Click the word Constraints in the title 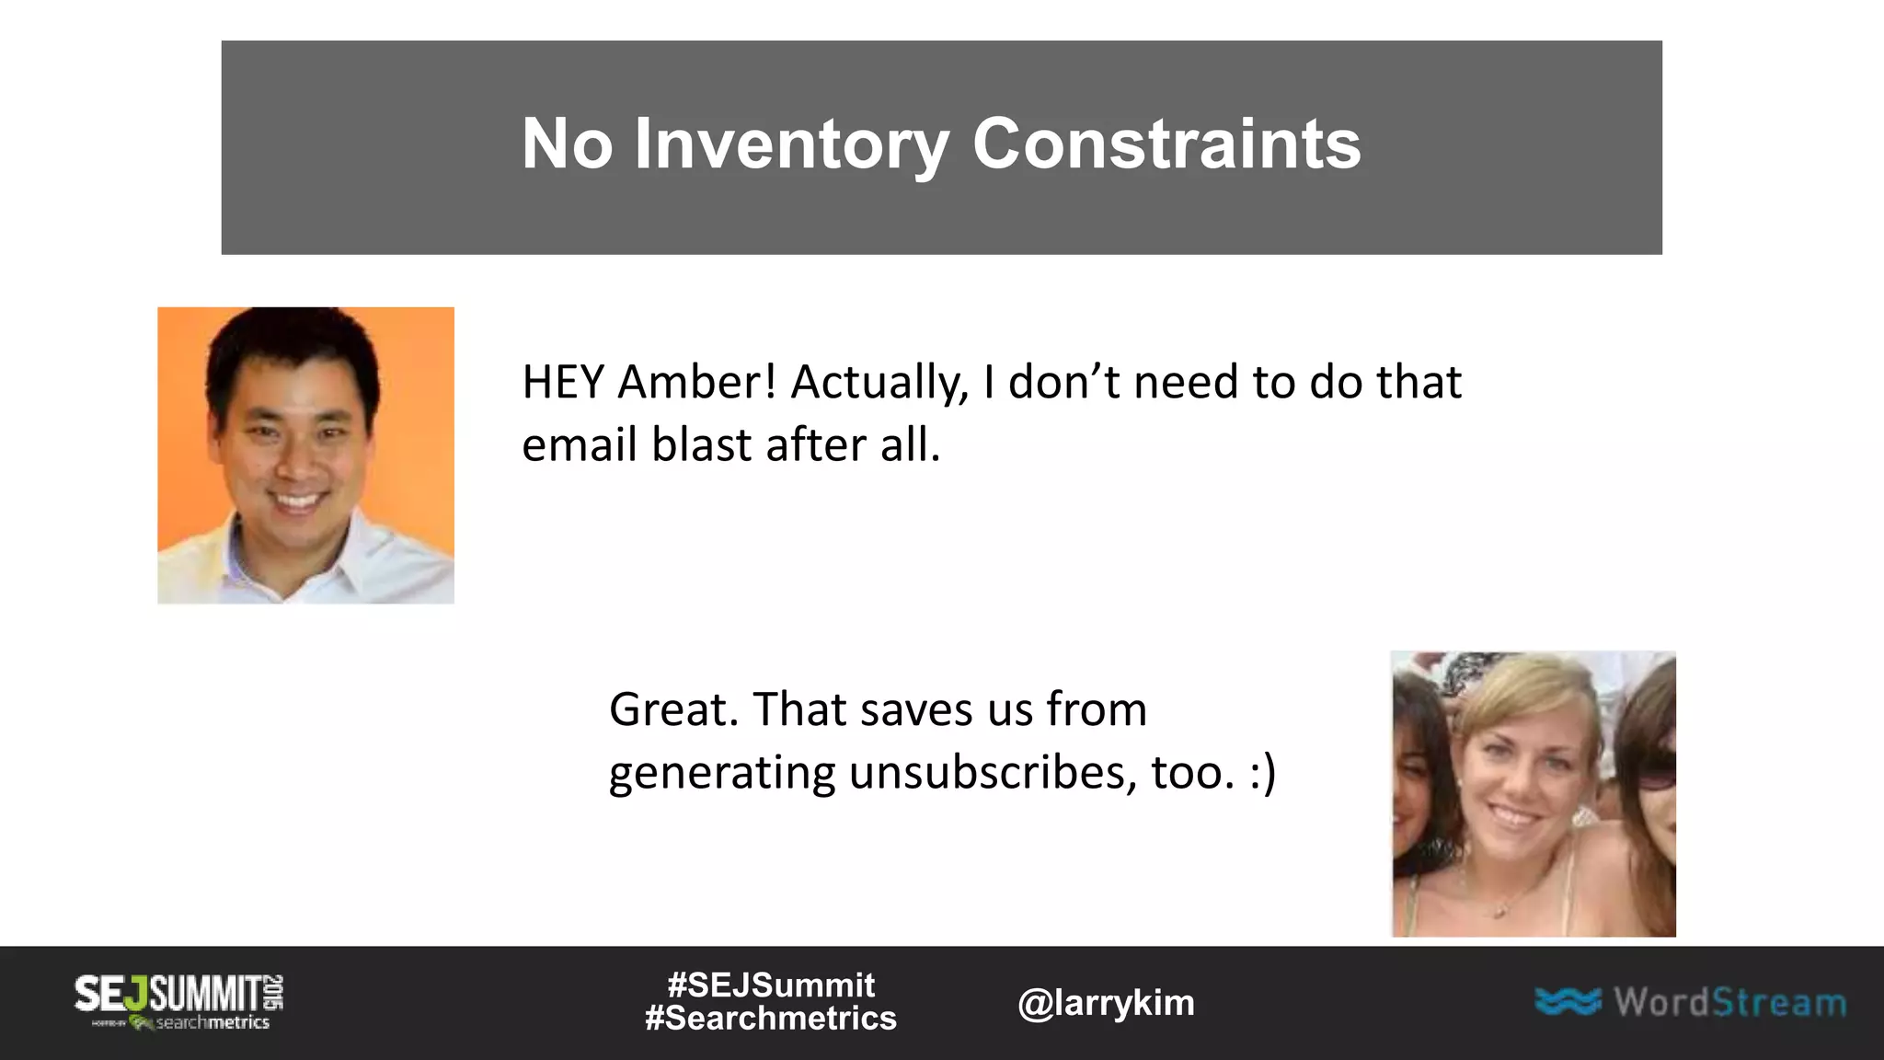(1166, 144)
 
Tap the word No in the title (567, 144)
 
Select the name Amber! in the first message (697, 382)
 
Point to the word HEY (562, 382)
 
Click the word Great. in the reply (673, 709)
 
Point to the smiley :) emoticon (1262, 773)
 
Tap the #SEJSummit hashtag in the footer (771, 985)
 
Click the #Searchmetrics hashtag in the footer (771, 1019)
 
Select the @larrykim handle (1106, 1003)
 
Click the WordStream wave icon (1568, 1001)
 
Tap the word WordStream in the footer (1729, 1002)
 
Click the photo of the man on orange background (305, 455)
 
